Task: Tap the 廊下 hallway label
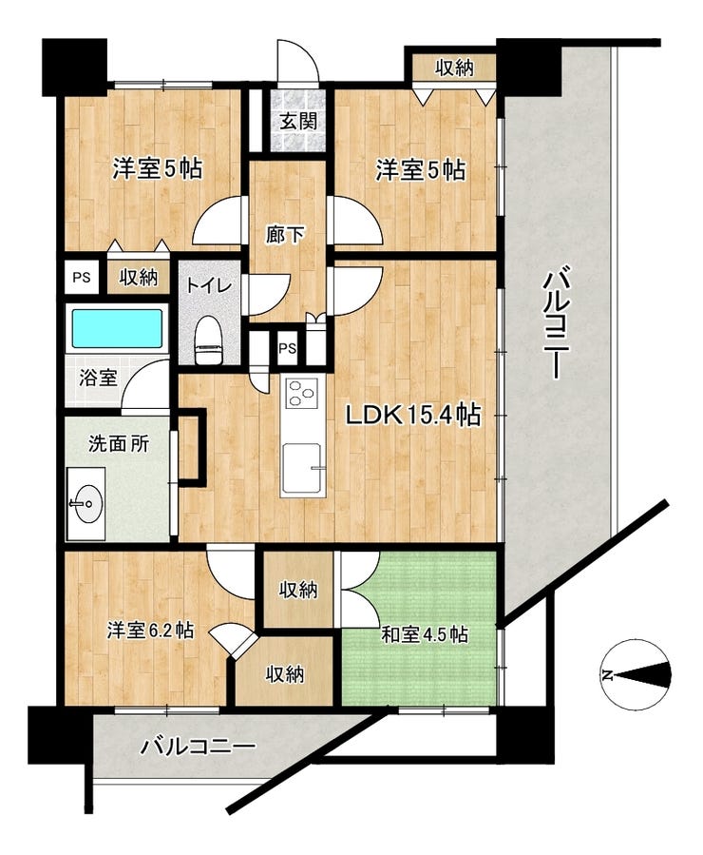pyautogui.click(x=285, y=234)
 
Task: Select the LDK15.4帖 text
pyautogui.click(x=411, y=415)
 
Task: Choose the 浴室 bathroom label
pyautogui.click(x=98, y=378)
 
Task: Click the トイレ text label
pyautogui.click(x=204, y=284)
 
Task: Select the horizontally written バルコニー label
pyautogui.click(x=198, y=746)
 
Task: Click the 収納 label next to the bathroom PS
pyautogui.click(x=138, y=278)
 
